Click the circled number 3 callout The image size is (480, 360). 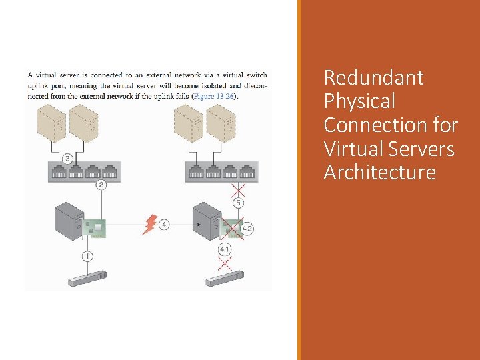pyautogui.click(x=69, y=159)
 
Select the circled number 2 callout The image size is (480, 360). pyautogui.click(x=101, y=185)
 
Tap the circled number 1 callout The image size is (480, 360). pyautogui.click(x=87, y=255)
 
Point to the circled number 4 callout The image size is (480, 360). pyautogui.click(x=164, y=225)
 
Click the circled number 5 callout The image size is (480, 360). pyautogui.click(x=239, y=202)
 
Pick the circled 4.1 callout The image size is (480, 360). pyautogui.click(x=225, y=249)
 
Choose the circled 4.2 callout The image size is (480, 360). pyautogui.click(x=247, y=229)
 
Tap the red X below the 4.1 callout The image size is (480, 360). pyautogui.click(x=225, y=265)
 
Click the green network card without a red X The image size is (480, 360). pyautogui.click(x=96, y=227)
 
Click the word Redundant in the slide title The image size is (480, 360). pyautogui.click(x=373, y=78)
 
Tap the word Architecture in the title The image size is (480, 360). pyautogui.click(x=379, y=173)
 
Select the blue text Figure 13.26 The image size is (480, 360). pyautogui.click(x=215, y=96)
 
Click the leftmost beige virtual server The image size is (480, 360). pyautogui.click(x=51, y=125)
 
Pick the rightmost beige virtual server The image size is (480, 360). pyautogui.click(x=221, y=125)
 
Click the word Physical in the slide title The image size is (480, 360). pyautogui.click(x=359, y=101)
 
